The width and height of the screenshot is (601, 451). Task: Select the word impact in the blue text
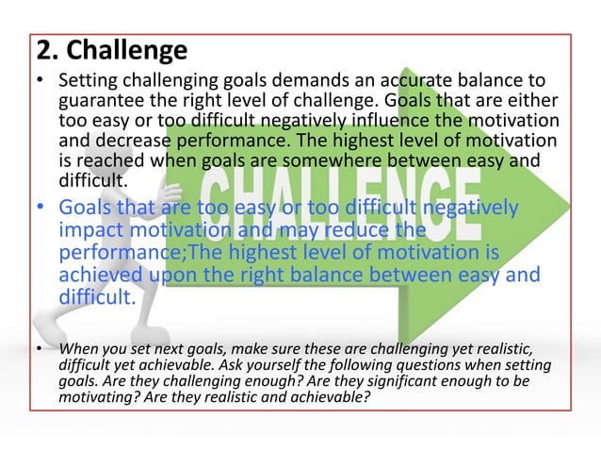coord(90,228)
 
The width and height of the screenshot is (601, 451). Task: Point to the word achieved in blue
coord(100,275)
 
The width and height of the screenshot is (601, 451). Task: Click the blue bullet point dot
coord(40,208)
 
